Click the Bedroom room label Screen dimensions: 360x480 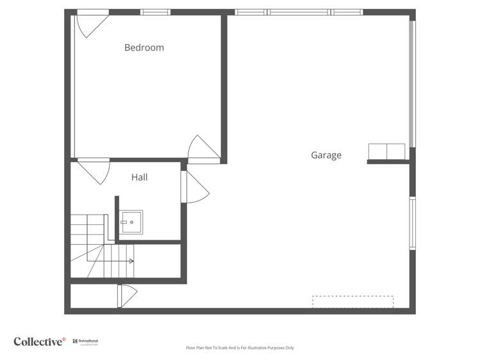pos(144,47)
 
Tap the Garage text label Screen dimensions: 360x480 pos(326,155)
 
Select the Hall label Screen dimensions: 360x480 pos(139,177)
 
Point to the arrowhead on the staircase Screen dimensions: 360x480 pos(131,261)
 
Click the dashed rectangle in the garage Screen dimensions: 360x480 pos(352,302)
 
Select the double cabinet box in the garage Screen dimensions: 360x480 pos(386,151)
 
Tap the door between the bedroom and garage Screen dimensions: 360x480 pos(203,149)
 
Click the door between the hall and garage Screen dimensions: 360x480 pos(193,187)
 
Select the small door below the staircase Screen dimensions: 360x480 pos(127,295)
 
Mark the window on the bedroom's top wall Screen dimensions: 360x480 pos(155,12)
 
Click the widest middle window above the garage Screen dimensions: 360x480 pos(299,12)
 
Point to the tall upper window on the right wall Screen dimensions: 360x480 pos(412,83)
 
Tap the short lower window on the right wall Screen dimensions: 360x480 pos(412,223)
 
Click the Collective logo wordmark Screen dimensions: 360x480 pos(39,341)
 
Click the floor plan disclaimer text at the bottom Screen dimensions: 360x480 pos(240,348)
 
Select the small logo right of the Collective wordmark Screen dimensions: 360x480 pos(85,342)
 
